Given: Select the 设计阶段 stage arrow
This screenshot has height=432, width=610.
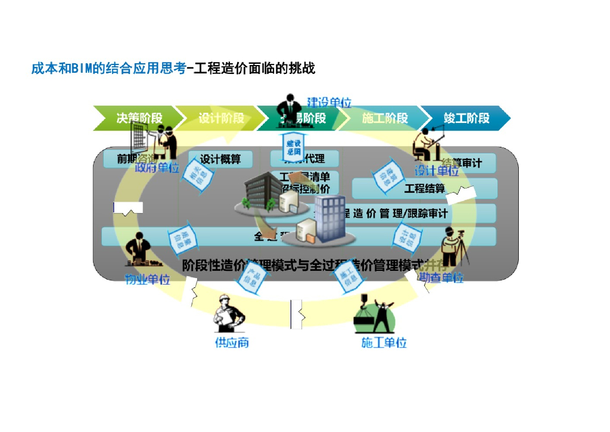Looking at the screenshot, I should click(x=221, y=118).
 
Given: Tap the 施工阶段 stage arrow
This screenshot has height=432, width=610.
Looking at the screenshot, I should click(x=384, y=118).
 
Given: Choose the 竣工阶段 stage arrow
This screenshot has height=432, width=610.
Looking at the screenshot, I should click(x=466, y=118).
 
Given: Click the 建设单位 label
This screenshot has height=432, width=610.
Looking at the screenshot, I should click(x=329, y=102).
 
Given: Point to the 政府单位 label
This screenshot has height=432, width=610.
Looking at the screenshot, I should click(x=157, y=168).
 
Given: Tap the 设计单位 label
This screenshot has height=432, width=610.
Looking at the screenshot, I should click(x=437, y=171).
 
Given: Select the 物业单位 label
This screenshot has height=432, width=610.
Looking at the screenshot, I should click(x=147, y=279).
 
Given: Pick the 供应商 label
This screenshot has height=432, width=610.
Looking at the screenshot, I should click(x=231, y=343).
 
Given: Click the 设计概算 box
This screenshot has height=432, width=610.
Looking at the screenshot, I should click(x=220, y=159).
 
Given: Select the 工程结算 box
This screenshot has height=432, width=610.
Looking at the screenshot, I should click(x=424, y=189).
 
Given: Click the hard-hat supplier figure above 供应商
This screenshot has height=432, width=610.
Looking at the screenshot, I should click(x=229, y=314).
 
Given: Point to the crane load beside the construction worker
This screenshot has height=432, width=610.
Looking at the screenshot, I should click(x=363, y=320).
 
